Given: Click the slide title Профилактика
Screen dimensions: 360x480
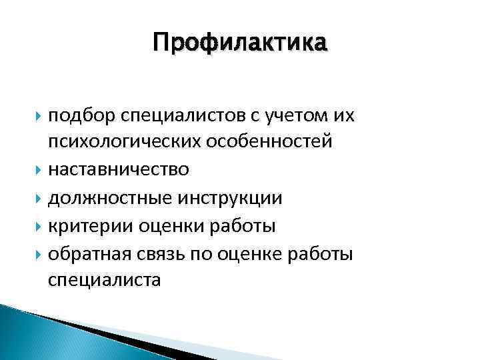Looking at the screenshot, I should coord(240,43).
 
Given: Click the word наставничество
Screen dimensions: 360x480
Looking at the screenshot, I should coord(118,171).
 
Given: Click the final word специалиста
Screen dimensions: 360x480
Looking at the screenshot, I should coord(104,280).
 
